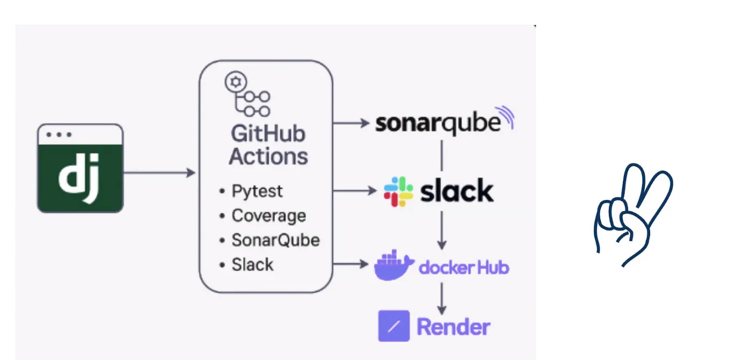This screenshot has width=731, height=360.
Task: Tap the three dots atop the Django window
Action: (x=58, y=134)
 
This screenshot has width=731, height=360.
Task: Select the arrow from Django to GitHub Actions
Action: (x=159, y=173)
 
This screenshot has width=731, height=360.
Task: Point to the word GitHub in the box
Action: (x=268, y=133)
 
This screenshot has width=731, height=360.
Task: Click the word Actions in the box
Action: (x=268, y=157)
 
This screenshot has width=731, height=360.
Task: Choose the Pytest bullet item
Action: (x=256, y=191)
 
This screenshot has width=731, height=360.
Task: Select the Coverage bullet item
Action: (x=268, y=216)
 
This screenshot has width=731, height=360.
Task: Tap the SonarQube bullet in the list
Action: (x=275, y=240)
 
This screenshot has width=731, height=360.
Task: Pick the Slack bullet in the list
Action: (x=252, y=265)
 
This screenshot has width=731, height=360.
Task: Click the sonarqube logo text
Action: (x=438, y=123)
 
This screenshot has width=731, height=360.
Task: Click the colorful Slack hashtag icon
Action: (x=398, y=192)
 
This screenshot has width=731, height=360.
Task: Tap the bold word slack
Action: (x=456, y=191)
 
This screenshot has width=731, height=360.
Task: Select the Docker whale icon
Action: (x=393, y=265)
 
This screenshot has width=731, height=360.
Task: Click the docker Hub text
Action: (x=463, y=267)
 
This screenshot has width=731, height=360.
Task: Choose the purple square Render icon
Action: (x=393, y=326)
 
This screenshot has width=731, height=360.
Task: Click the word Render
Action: (x=453, y=327)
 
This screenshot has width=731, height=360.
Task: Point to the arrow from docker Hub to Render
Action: (x=442, y=298)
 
